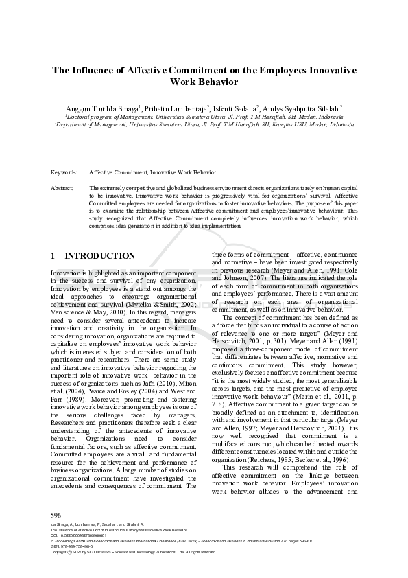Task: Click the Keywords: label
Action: pyautogui.click(x=64, y=172)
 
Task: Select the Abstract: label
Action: pyautogui.click(x=62, y=187)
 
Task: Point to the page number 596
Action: pyautogui.click(x=56, y=515)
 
